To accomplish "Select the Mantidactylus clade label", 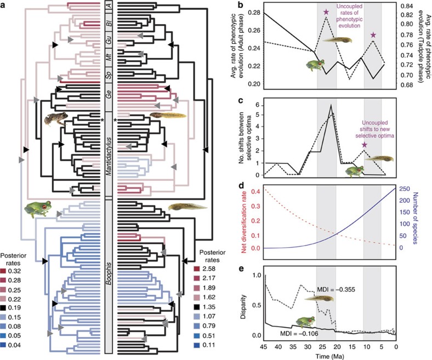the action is click(x=109, y=156).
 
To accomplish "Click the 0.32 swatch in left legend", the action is click(x=4, y=271).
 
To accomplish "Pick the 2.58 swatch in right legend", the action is click(x=196, y=268).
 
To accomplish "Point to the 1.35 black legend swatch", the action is click(x=196, y=307).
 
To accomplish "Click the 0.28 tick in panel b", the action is click(x=254, y=13).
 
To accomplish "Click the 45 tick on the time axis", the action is click(x=264, y=346).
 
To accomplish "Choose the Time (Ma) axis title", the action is click(x=330, y=356).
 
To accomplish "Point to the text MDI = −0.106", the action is click(x=299, y=334).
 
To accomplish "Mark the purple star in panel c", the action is click(x=365, y=145).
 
